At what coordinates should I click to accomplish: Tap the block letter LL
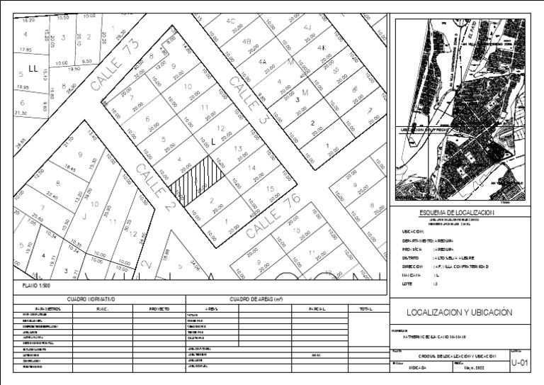[33, 69]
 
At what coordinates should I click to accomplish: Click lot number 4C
[230, 21]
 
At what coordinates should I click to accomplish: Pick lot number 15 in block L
[270, 189]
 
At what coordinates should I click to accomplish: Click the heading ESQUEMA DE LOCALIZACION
[456, 213]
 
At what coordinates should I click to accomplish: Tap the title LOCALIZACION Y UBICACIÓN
[459, 312]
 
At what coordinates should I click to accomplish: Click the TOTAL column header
[365, 309]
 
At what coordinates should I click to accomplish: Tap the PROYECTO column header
[159, 309]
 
